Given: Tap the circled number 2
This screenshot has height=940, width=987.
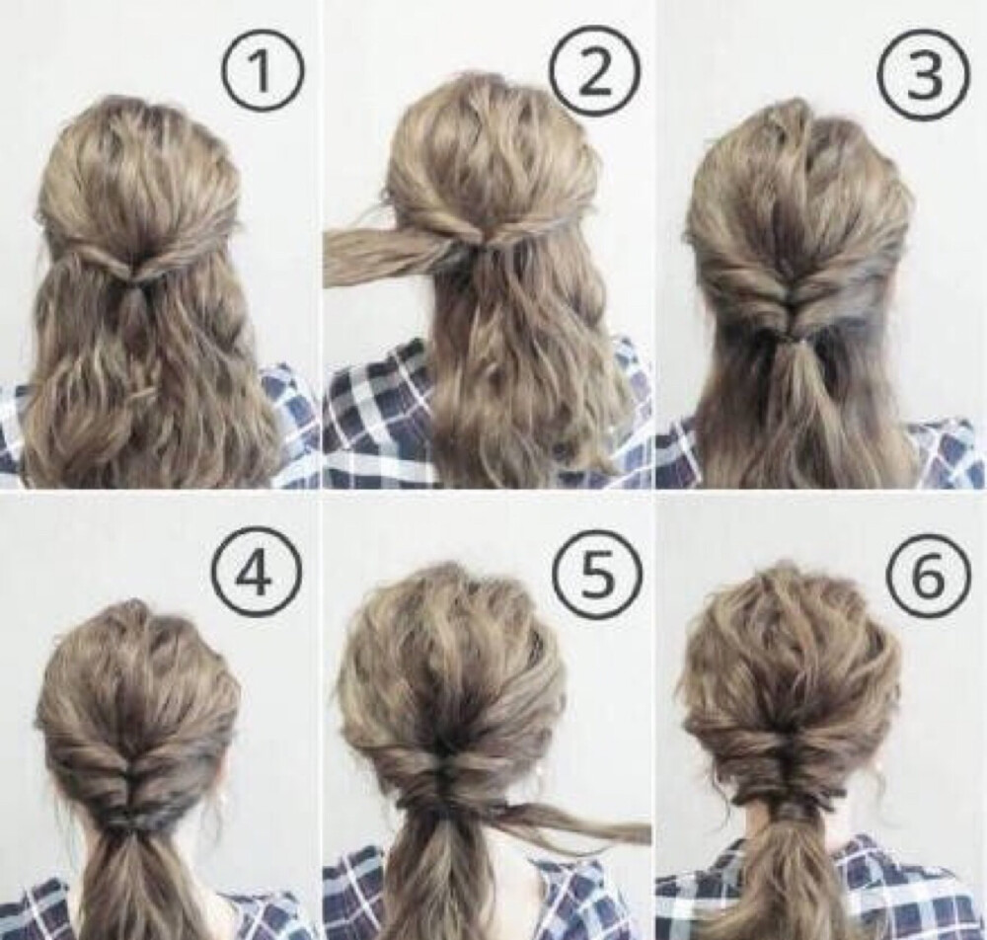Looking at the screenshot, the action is click(595, 70).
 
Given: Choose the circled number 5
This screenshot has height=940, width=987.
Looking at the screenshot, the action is click(596, 575).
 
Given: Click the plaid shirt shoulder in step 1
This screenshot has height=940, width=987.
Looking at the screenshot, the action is click(289, 423).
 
